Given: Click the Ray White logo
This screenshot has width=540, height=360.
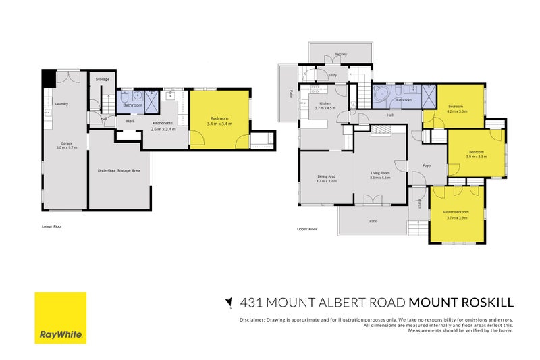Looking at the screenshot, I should click(61, 317).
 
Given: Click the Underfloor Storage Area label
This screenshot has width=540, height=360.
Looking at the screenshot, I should click(118, 171).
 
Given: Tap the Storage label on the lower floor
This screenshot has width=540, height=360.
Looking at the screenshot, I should click(102, 80).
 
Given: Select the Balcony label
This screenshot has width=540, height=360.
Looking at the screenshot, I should click(340, 55).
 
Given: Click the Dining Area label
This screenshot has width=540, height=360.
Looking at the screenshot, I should click(327, 178).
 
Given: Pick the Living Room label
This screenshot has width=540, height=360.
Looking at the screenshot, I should click(381, 174).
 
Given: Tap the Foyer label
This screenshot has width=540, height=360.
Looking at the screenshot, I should click(427, 165).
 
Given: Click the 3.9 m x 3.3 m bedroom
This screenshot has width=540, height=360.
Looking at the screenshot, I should click(476, 153).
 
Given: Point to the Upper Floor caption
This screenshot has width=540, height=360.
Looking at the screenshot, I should click(307, 229).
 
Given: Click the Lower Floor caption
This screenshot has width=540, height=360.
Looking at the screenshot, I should click(52, 226).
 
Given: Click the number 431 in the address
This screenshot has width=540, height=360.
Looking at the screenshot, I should click(250, 303).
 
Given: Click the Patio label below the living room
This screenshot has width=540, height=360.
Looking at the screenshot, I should click(373, 221).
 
